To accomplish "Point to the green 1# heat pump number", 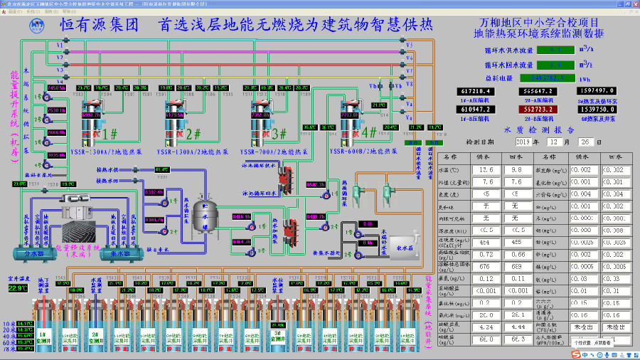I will tap(110, 132).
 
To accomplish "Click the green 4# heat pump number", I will tap(369, 132).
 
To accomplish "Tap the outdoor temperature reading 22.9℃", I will tap(17, 288).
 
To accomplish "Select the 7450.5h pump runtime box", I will tap(55, 88).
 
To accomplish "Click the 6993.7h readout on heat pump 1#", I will tap(92, 115).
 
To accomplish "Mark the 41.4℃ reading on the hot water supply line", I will tap(161, 169).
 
